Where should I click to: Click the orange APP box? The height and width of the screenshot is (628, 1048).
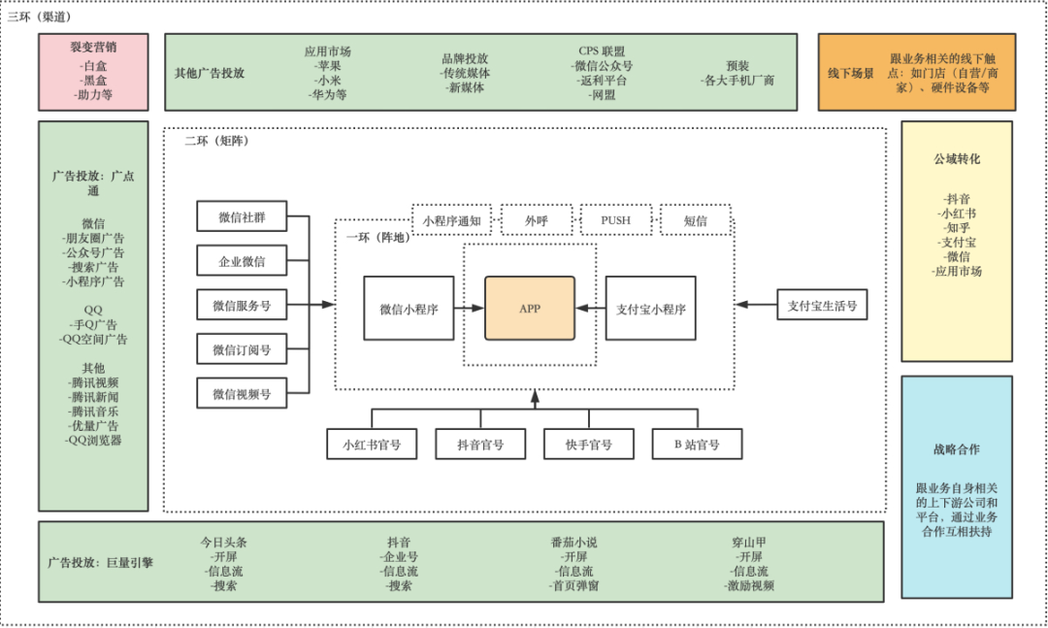[530, 308]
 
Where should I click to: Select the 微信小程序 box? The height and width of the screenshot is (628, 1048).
[409, 309]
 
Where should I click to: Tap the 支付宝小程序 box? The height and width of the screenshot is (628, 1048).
[650, 309]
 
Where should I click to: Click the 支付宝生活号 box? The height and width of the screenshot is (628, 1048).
[822, 305]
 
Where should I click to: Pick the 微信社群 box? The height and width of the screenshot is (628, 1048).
[242, 216]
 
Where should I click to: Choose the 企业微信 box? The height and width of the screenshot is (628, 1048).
[242, 261]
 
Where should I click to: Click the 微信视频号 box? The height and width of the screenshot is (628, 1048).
[242, 394]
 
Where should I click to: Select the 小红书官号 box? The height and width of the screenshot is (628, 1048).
[372, 444]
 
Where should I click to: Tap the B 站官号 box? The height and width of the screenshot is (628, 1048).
[697, 444]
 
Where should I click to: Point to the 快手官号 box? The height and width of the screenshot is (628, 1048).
[589, 444]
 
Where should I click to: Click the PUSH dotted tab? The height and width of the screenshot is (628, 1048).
[615, 220]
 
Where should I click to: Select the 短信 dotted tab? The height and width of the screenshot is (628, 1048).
[695, 220]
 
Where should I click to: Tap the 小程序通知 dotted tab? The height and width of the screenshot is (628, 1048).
[451, 220]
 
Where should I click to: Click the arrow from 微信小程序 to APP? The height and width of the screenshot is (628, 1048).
[470, 309]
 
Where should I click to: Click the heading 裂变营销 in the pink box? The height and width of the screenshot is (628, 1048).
[93, 46]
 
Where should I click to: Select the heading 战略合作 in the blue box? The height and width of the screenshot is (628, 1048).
[956, 449]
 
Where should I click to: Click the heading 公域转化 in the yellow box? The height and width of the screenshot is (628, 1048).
[956, 158]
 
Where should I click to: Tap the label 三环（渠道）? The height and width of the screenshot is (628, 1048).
[39, 17]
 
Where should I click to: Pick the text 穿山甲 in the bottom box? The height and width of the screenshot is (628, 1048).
[749, 543]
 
